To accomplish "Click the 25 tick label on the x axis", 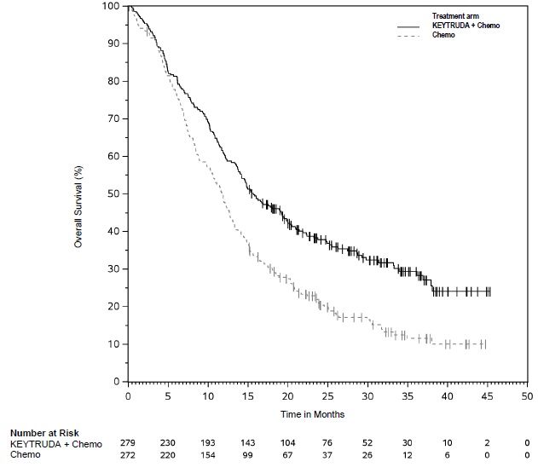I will (x=327, y=397).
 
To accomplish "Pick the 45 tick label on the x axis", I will (x=487, y=397).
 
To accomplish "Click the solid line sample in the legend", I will (x=412, y=26).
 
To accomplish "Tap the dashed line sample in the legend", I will (x=412, y=36).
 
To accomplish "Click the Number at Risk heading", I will (x=43, y=433).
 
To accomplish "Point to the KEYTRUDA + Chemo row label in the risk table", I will (x=56, y=444).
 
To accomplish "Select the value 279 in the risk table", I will (x=129, y=444).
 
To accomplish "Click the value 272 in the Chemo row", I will (x=129, y=455).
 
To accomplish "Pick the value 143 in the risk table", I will (x=248, y=444).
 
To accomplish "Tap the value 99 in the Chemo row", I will (x=248, y=455).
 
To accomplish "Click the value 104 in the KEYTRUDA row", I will (x=287, y=444).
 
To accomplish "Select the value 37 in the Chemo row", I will (x=327, y=455).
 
